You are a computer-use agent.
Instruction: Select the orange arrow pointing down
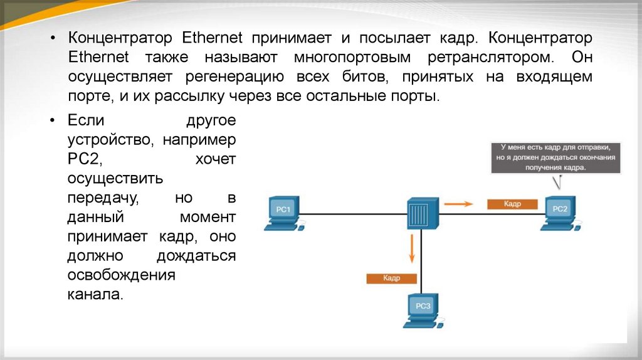(x=412, y=249)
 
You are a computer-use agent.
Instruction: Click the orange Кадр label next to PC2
(x=512, y=204)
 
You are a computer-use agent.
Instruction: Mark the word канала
(x=95, y=294)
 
